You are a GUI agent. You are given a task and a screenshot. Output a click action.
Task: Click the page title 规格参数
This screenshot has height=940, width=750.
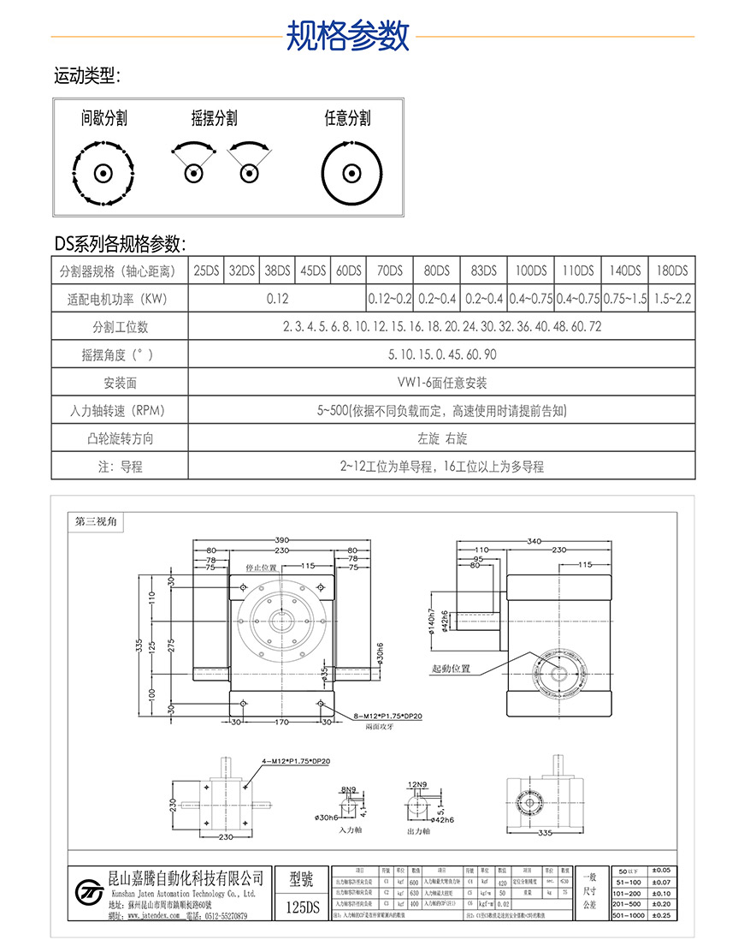pos(347,36)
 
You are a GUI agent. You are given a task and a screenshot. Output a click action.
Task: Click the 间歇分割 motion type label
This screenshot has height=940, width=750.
pos(104,118)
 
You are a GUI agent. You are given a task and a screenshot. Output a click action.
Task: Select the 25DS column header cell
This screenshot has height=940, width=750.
pos(206,271)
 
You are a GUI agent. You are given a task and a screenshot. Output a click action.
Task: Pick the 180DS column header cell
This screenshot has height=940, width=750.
pos(671,271)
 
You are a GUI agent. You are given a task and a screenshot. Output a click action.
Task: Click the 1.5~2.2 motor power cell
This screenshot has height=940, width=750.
pos(671,299)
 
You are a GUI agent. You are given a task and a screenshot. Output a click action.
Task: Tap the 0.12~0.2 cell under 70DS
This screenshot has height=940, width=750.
pos(389,299)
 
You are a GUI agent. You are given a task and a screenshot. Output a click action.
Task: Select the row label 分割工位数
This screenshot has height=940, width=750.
pos(120,327)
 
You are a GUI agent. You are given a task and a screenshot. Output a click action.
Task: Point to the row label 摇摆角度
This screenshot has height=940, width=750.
pos(120,354)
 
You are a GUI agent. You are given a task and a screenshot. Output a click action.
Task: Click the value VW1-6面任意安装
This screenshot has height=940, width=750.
pos(441,383)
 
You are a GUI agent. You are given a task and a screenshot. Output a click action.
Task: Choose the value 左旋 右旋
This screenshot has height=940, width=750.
pos(441,438)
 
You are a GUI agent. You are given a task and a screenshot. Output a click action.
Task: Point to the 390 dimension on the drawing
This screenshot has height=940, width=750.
pos(281,541)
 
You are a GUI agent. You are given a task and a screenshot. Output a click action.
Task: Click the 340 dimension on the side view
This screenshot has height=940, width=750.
pos(535,541)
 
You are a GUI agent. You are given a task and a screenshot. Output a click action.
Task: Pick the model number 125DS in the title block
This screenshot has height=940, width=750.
pos(301,907)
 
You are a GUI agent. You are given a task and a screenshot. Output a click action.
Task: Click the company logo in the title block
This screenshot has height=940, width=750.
pos(87,892)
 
